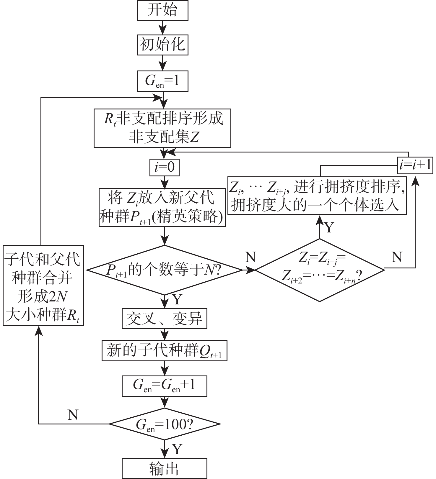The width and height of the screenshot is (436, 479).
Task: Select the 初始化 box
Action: pyautogui.click(x=162, y=45)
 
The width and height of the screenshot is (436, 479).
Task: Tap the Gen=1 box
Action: pyautogui.click(x=162, y=81)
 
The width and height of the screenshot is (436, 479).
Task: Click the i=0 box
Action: pyautogui.click(x=165, y=167)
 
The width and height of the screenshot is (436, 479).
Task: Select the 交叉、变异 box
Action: pyautogui.click(x=165, y=319)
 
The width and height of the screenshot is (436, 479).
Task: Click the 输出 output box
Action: pyautogui.click(x=165, y=468)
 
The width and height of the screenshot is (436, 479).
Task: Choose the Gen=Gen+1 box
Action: pyautogui.click(x=165, y=386)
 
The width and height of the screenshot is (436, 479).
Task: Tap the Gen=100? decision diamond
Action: pyautogui.click(x=165, y=424)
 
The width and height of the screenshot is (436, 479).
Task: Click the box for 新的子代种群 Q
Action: pyautogui.click(x=165, y=351)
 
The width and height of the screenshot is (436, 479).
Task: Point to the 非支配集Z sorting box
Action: pyautogui.click(x=162, y=128)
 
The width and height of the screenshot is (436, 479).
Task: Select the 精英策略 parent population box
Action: pyautogui.click(x=162, y=207)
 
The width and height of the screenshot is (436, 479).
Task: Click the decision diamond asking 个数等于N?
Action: pyautogui.click(x=165, y=270)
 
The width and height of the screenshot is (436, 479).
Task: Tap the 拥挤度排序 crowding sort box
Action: pyautogui.click(x=317, y=196)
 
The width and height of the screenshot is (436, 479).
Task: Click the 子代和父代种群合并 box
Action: pyautogui.click(x=43, y=285)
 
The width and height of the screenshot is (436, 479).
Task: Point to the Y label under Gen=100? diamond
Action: pyautogui.click(x=177, y=449)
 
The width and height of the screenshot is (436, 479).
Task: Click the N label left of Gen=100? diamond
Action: pyautogui.click(x=73, y=415)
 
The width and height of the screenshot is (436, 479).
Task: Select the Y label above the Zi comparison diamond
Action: pyautogui.click(x=329, y=227)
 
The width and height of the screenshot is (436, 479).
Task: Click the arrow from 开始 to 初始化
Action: pyautogui.click(x=162, y=27)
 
